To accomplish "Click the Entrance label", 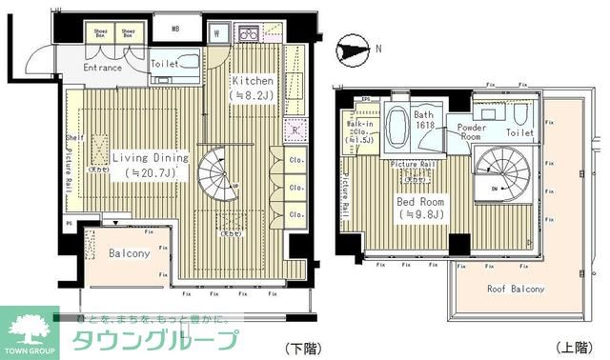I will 102,68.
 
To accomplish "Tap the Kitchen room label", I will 252,81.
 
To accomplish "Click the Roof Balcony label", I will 515,289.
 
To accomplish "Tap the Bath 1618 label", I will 423,121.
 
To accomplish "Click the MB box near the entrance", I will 175,29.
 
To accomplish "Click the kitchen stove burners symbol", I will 249,34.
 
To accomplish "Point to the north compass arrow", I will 352,46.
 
